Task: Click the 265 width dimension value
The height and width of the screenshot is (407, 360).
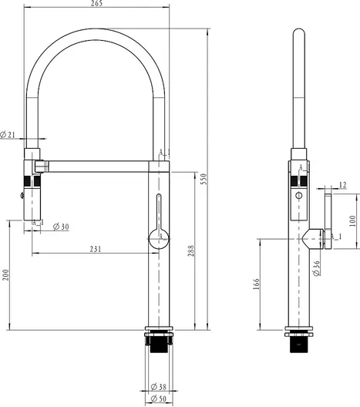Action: tap(96, 3)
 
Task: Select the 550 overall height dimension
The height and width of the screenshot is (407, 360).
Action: tap(204, 179)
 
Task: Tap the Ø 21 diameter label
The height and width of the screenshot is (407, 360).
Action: tap(8, 135)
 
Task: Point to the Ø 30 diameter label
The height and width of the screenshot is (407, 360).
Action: tap(61, 227)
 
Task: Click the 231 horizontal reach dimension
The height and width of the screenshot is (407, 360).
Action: tap(96, 249)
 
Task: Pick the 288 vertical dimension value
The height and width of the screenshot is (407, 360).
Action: tap(190, 251)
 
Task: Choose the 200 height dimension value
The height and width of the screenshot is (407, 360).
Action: tap(5, 275)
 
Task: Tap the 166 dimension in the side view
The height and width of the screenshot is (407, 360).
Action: tap(256, 284)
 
